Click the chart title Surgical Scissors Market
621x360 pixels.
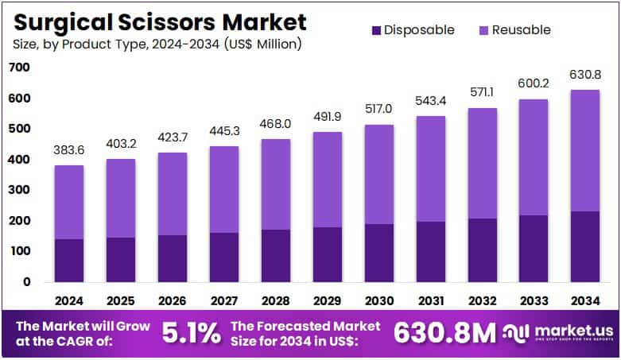point(158,20)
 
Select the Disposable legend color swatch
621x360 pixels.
point(374,30)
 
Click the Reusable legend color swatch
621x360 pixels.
point(482,30)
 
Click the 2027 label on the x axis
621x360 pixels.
point(224,301)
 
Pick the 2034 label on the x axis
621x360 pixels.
point(586,301)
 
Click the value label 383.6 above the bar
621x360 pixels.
point(69,149)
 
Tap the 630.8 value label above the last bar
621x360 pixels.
point(586,74)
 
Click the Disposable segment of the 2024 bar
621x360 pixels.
point(69,260)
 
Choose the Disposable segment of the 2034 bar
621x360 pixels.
point(586,246)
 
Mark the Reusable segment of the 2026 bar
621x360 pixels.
point(173,194)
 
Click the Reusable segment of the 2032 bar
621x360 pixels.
point(483,163)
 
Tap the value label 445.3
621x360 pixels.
point(224,130)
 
